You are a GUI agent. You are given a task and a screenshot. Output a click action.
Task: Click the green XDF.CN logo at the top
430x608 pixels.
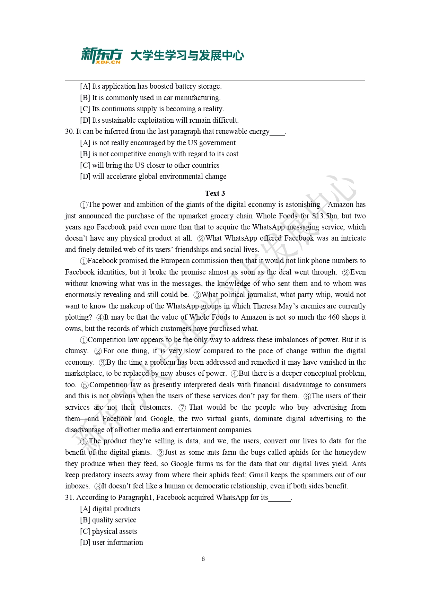point(102,55)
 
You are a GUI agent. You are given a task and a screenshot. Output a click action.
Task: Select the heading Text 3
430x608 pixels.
point(215,193)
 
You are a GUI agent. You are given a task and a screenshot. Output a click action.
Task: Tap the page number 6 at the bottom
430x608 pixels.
point(203,559)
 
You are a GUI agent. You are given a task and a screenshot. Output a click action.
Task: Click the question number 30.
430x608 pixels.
point(69,132)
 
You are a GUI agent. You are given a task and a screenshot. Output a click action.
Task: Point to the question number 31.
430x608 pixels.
point(69,498)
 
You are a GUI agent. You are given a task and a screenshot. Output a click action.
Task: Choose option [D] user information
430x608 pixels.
point(112,542)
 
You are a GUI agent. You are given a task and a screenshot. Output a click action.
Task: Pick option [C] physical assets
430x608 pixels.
point(108,531)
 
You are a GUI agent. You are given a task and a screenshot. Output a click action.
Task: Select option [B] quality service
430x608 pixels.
point(108,520)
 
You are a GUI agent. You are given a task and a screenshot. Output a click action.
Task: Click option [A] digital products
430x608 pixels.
point(110,509)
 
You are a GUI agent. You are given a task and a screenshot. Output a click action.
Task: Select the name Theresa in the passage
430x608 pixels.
point(265,306)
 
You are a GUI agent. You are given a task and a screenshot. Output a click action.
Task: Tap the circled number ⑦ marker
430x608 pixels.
point(182,408)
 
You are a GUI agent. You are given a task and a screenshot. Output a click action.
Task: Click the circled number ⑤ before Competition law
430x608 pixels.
point(85,385)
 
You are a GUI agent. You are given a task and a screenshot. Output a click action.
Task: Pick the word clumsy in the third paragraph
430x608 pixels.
point(76,351)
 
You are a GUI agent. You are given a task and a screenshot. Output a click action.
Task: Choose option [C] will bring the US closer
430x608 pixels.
point(150,165)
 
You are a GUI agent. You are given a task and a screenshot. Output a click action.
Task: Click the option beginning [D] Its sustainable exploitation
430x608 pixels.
point(159,120)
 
